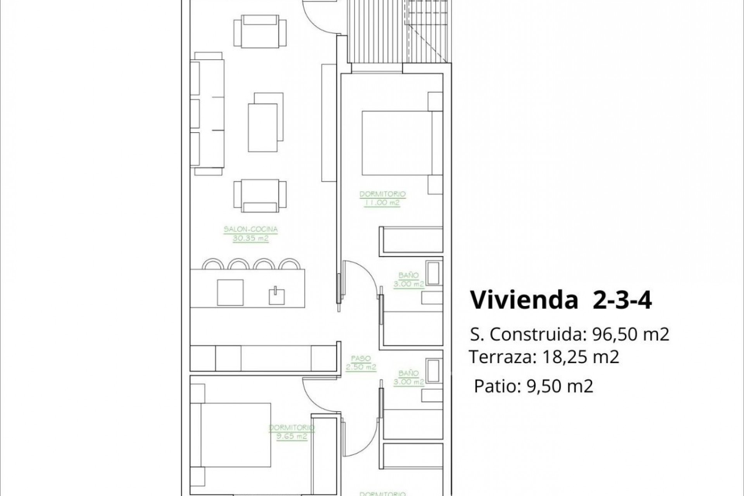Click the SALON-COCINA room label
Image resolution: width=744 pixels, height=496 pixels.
coord(251,229)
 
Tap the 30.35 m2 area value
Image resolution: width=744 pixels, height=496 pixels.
coord(251,238)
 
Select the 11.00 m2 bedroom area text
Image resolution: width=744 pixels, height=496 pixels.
coord(382,203)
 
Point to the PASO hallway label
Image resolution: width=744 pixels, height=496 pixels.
coord(361,359)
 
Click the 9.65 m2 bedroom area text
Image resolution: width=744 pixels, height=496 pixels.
coord(291,436)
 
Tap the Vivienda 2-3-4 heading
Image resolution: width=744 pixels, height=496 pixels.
coord(561,300)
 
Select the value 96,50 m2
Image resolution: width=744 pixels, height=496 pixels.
coord(631,334)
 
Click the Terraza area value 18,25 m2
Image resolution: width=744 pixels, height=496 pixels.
coord(580,357)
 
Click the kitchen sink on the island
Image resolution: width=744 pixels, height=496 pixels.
coord(277,296)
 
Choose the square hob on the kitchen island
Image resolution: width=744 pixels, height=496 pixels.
coord(230,292)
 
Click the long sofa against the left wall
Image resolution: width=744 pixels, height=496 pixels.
coord(207,113)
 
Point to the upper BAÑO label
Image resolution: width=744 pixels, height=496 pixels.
coord(408,276)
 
